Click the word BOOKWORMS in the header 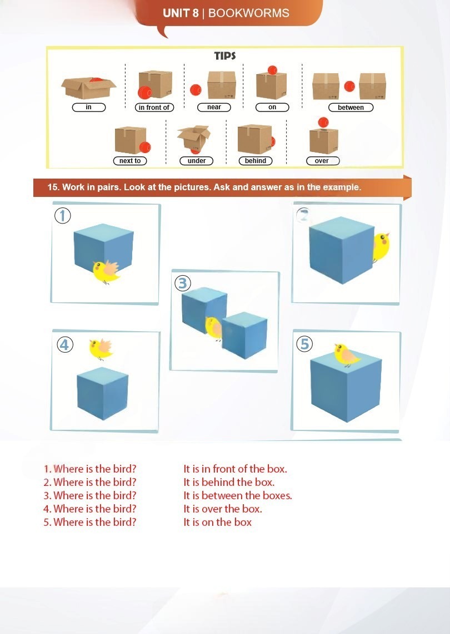[248, 13]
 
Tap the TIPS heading [225, 55]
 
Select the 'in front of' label [154, 108]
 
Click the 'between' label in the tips [351, 108]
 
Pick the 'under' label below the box [197, 161]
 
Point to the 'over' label [322, 161]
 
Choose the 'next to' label [130, 161]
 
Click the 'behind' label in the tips [256, 161]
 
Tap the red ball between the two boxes [349, 87]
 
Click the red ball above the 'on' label [272, 70]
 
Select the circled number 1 [63, 216]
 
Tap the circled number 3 [182, 283]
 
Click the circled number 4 [65, 344]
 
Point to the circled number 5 [304, 344]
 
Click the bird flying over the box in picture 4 [101, 348]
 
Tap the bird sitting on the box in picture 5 [347, 354]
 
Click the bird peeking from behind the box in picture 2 [382, 245]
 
